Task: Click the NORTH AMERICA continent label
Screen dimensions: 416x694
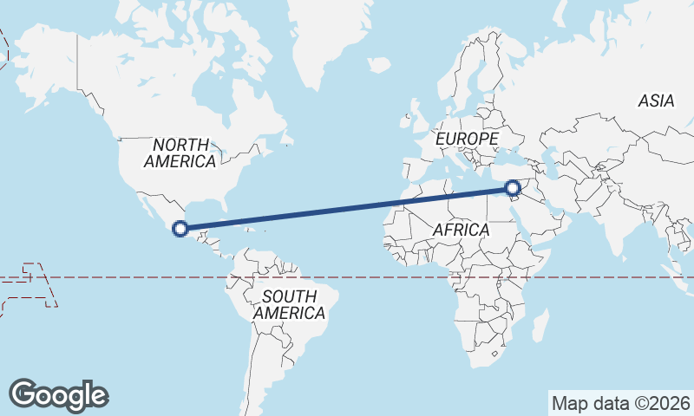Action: point(180,153)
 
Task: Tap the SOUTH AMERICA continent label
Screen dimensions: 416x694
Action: point(290,304)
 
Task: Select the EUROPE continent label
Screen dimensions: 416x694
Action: point(467,139)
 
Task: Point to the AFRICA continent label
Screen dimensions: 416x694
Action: point(461,231)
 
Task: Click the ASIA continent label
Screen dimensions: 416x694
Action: point(656,101)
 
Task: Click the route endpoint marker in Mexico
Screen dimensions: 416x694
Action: point(180,229)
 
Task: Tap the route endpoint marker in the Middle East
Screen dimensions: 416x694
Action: point(512,187)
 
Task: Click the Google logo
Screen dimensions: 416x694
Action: point(59,395)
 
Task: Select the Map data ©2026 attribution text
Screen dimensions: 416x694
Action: point(621,403)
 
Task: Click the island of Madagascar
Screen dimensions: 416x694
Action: point(539,327)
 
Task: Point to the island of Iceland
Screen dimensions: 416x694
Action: point(379,65)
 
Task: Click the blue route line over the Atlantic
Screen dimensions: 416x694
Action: point(347,208)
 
